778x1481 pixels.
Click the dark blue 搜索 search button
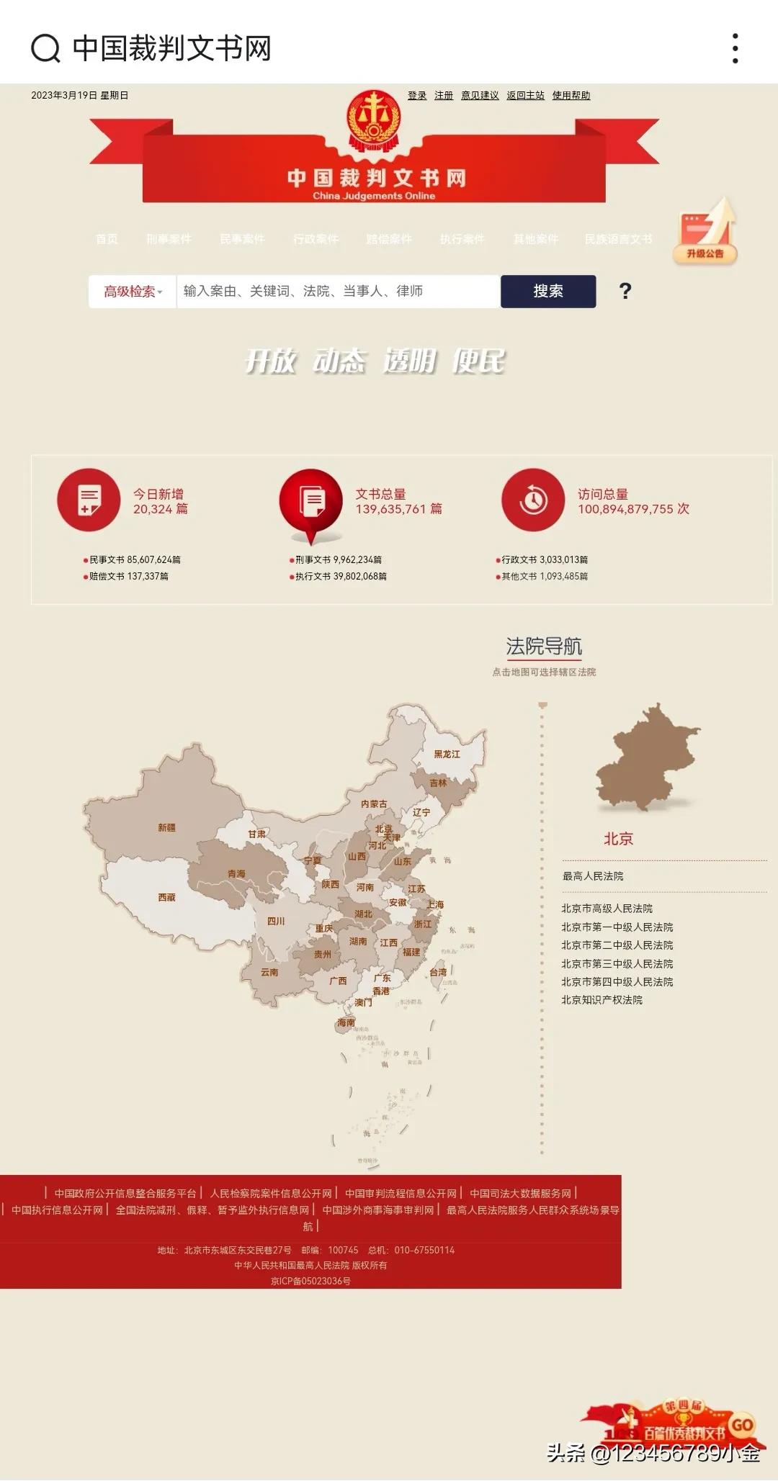pos(548,292)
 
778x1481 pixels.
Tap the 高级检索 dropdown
pos(133,292)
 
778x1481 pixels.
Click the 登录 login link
pos(417,96)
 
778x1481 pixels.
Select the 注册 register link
pos(444,96)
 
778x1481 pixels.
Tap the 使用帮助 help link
pos(571,96)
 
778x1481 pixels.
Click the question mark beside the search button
pos(625,292)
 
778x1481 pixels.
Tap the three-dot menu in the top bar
pos(735,48)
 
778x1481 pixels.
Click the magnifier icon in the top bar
pos(45,48)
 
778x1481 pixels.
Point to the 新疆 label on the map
pos(166,828)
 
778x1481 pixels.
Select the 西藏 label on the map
pos(166,898)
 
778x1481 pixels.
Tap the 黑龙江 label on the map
pos(447,755)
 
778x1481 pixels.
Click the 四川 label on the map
pos(276,922)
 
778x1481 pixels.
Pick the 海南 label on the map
pos(346,1022)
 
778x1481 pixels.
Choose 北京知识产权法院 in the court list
pos(602,1000)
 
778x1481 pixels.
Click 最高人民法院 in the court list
pos(593,876)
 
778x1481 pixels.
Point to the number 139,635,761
pos(390,509)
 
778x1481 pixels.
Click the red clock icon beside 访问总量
pos(533,500)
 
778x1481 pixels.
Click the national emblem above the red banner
pos(374,119)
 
